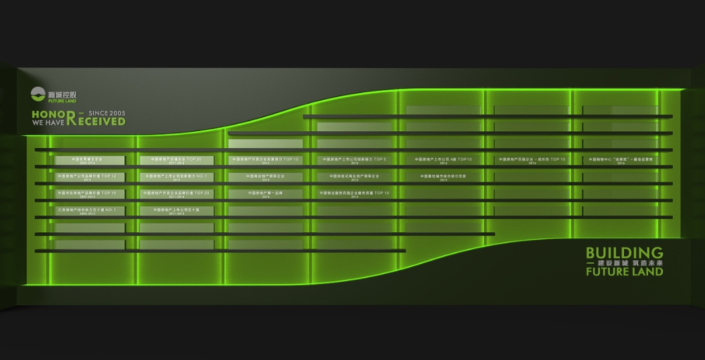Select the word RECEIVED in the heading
point(100,122)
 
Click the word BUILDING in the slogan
point(624,253)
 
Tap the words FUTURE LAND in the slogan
point(624,272)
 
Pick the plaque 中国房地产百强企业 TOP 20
point(177,160)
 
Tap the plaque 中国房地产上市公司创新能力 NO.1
point(177,177)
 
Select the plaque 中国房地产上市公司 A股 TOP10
point(443,160)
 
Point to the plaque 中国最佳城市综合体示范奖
point(443,177)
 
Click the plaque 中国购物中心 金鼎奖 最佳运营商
point(621,160)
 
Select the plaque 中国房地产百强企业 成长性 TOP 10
point(532,160)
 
